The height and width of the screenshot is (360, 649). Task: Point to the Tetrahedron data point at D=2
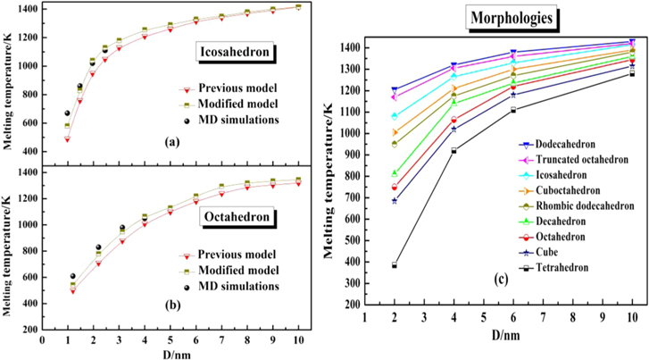tap(394, 265)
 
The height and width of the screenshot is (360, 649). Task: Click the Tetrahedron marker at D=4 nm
tap(453, 151)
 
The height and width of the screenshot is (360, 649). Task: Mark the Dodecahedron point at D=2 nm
tap(394, 90)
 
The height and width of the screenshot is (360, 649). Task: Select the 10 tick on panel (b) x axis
tap(298, 340)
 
